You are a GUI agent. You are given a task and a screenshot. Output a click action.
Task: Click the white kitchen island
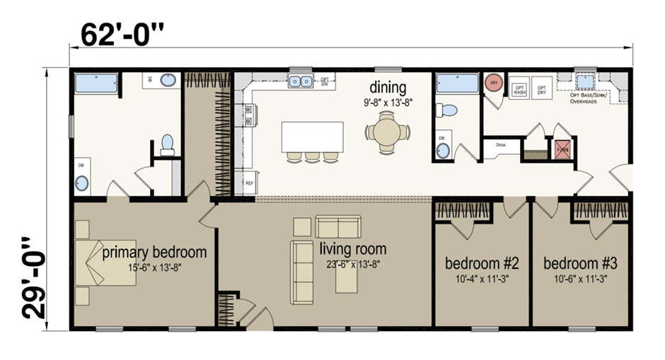pos(312,136)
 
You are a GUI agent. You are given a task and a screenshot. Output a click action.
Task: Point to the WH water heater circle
pos(492,82)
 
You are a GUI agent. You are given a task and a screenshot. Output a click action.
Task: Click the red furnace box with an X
pos(562,149)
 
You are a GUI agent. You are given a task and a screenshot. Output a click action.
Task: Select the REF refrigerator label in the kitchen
pos(248,182)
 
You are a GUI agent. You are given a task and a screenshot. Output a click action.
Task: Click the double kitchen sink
pos(301,81)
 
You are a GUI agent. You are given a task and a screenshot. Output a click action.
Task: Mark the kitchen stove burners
pos(248,115)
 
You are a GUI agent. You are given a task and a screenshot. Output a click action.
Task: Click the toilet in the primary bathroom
pos(168,144)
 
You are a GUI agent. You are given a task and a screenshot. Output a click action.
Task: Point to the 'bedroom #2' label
pos(482,264)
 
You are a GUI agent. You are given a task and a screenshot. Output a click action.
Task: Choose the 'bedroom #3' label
pos(580,264)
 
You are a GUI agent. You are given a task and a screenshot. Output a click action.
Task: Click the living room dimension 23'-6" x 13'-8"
pos(352,265)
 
